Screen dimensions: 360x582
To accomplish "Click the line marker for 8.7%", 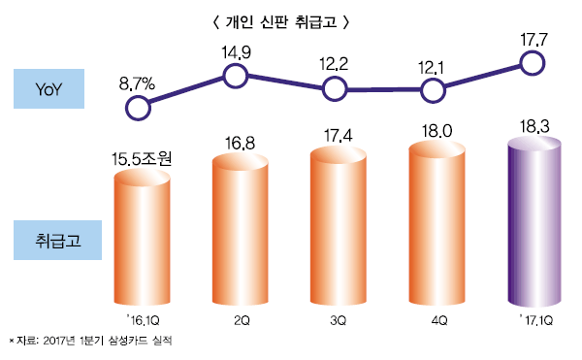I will (x=139, y=106).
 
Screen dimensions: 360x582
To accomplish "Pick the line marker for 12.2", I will (x=335, y=89).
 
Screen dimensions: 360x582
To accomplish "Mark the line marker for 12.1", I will (x=433, y=89).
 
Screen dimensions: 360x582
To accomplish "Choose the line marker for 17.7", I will (x=532, y=63).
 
